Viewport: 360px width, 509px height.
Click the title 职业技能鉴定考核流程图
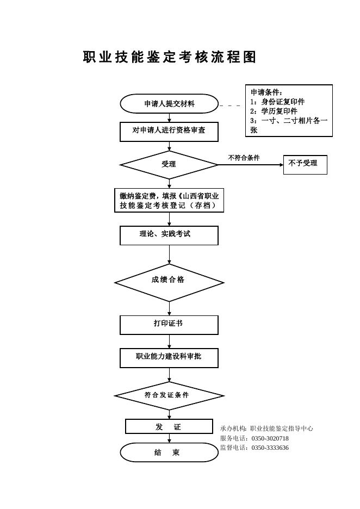[x=170, y=57]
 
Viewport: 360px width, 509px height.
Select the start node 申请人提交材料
[x=169, y=104]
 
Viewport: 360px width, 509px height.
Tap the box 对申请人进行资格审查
[x=169, y=132]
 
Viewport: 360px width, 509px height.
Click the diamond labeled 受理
[x=169, y=165]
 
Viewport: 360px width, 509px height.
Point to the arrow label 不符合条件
[x=244, y=158]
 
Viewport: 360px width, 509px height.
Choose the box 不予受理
[x=305, y=165]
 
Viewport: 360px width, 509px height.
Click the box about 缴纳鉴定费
[x=169, y=201]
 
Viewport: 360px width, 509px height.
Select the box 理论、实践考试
[x=169, y=235]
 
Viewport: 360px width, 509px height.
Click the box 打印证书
[x=169, y=325]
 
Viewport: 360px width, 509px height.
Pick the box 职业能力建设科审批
[x=169, y=358]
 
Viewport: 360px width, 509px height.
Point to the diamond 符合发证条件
[x=169, y=396]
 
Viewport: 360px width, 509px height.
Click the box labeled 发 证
[x=169, y=426]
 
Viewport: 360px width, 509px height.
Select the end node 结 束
[x=169, y=452]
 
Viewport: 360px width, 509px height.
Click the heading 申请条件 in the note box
[x=266, y=92]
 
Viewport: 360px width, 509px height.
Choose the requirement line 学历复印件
[x=280, y=111]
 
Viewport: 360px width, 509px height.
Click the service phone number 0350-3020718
[x=270, y=438]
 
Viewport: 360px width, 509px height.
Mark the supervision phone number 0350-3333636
[x=270, y=448]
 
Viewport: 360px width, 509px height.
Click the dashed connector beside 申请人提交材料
[x=230, y=105]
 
